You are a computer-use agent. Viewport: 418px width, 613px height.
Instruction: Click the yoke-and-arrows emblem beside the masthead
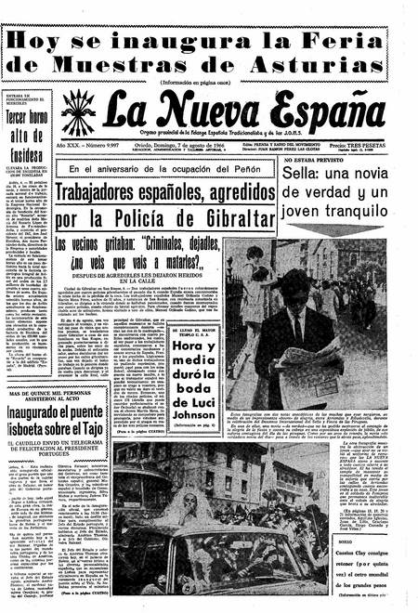(77, 111)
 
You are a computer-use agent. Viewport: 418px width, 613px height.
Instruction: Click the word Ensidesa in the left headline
(27, 152)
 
